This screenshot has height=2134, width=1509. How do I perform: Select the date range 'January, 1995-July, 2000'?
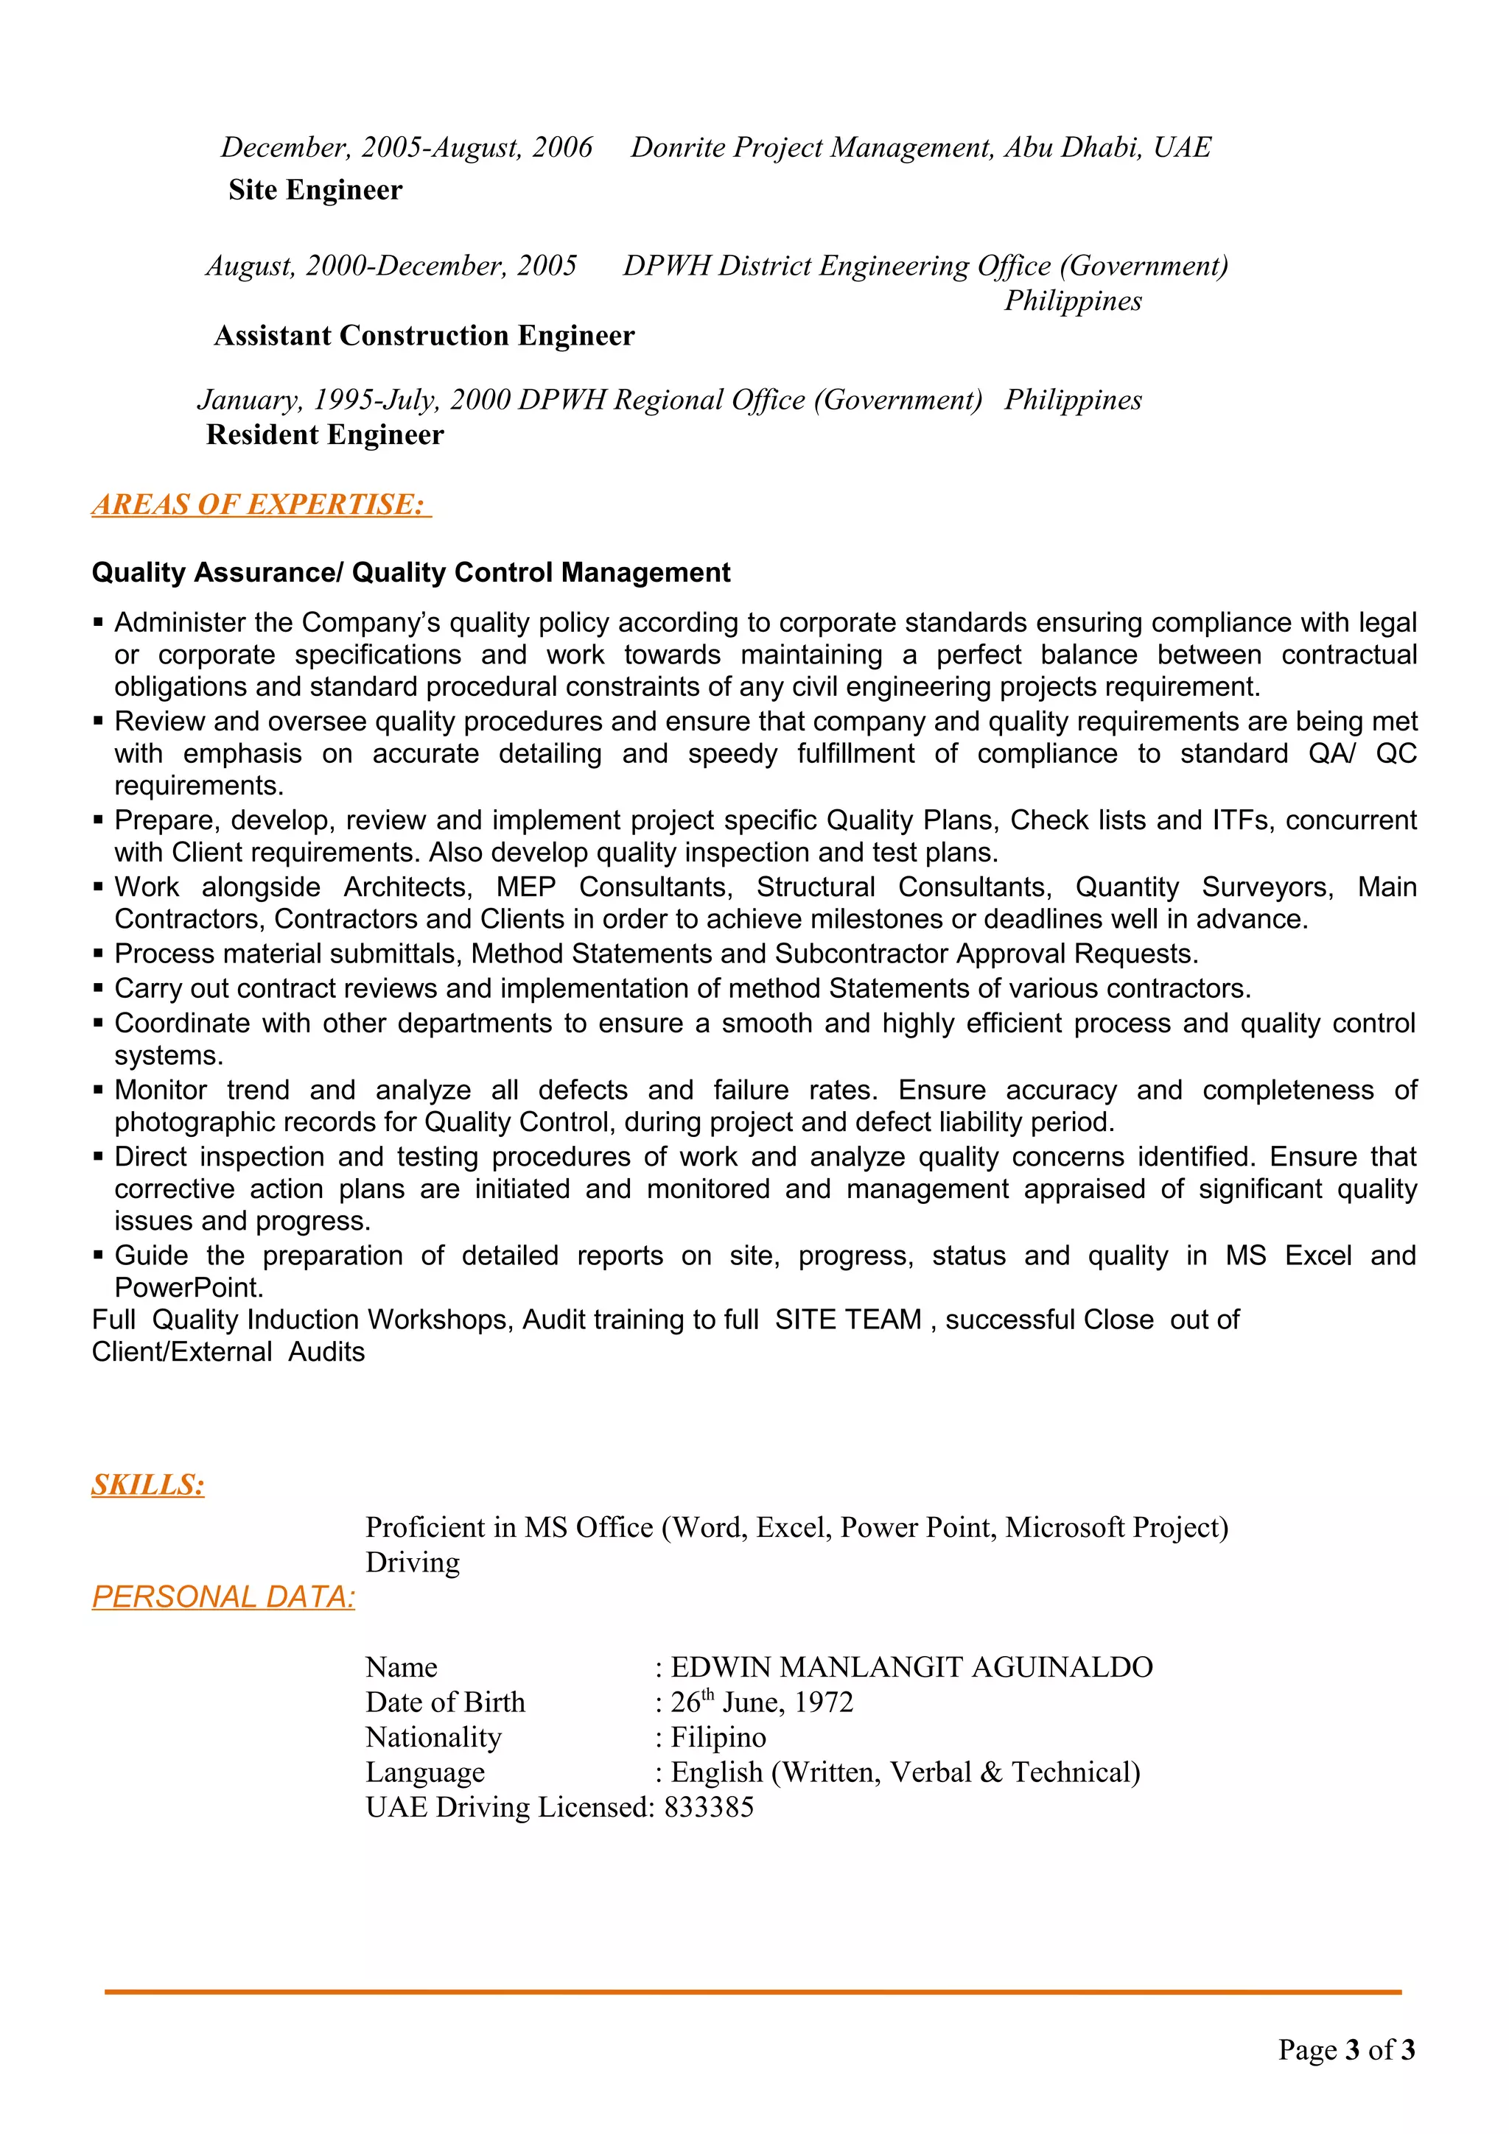tap(354, 400)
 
